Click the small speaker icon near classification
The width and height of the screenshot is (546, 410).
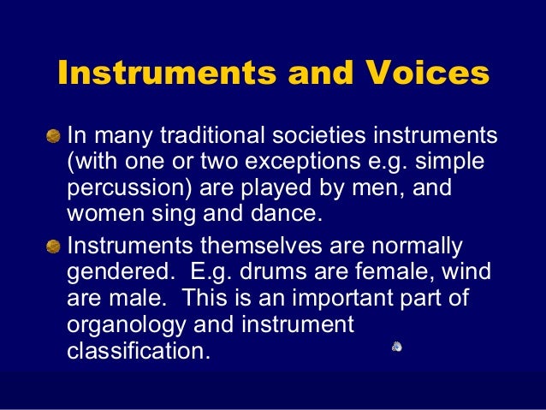tap(398, 346)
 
